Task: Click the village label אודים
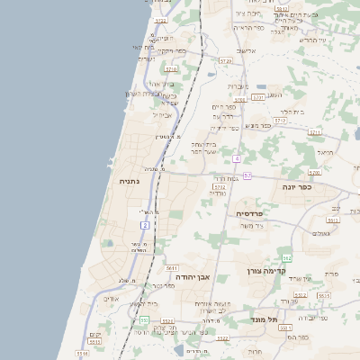click(x=111, y=299)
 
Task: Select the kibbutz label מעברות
click(x=238, y=86)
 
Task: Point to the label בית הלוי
click(x=292, y=112)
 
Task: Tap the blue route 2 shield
click(x=145, y=225)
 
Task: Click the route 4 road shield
click(x=236, y=158)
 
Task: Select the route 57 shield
click(x=247, y=175)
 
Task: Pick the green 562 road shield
click(x=286, y=258)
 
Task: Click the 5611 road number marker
click(x=171, y=267)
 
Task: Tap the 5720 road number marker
click(x=226, y=60)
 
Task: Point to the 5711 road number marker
click(x=315, y=132)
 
